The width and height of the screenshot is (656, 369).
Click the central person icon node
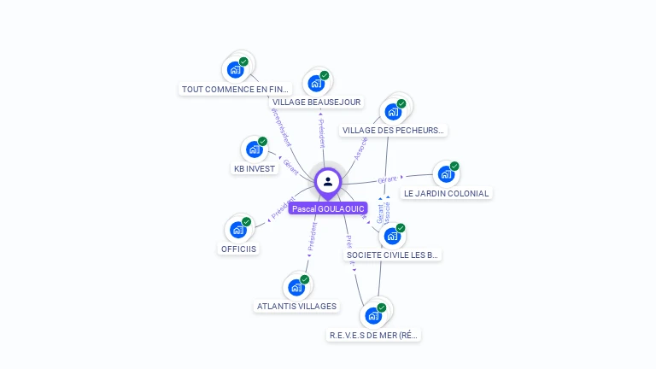coord(328,181)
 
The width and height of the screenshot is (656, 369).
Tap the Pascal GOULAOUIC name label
coord(328,208)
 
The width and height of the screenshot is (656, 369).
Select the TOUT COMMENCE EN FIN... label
coord(237,89)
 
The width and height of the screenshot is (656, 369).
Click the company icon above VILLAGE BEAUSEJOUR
coord(316,83)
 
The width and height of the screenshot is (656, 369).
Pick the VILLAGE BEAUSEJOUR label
coord(317,102)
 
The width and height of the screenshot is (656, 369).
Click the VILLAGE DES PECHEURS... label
coord(393,131)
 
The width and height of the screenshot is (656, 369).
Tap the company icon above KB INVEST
coord(254,149)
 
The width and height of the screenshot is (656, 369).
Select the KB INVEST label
coord(255,168)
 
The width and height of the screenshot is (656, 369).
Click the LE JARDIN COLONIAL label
coord(446,193)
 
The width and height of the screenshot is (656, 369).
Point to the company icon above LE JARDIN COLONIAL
coord(445,174)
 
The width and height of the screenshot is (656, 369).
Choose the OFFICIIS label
coord(238,249)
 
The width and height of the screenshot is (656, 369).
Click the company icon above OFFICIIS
coord(238,230)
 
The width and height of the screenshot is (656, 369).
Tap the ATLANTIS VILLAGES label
coord(297,306)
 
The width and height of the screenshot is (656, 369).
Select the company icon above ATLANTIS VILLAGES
coord(296,287)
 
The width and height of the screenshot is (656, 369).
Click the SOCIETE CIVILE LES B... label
coord(393,255)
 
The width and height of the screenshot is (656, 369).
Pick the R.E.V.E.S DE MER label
coord(374,336)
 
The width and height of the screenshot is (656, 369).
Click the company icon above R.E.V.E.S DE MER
coord(373,316)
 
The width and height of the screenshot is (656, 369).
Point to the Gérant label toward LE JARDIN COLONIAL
coord(388,179)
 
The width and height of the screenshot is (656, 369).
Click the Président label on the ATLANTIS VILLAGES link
coord(313,236)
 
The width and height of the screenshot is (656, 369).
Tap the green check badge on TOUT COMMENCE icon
coord(243,61)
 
